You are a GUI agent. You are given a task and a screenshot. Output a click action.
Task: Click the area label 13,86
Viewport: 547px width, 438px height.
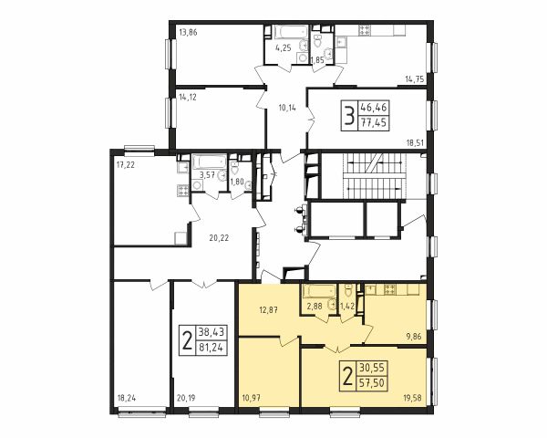click(188, 33)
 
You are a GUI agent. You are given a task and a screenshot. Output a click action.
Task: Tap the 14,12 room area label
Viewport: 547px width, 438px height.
click(188, 98)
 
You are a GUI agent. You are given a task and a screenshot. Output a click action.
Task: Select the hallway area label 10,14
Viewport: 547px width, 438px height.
click(287, 108)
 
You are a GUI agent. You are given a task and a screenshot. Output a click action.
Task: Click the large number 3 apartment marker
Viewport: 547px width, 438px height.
click(349, 116)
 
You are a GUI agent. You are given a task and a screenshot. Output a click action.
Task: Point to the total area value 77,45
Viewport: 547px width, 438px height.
click(375, 123)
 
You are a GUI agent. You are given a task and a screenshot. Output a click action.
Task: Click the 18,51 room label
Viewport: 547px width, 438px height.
click(415, 142)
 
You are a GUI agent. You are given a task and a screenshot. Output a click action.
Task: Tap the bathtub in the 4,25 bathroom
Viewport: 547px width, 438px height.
click(290, 32)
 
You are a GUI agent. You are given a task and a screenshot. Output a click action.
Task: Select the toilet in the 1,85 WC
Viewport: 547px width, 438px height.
click(318, 41)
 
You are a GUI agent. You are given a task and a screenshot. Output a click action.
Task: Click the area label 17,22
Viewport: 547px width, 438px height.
click(126, 165)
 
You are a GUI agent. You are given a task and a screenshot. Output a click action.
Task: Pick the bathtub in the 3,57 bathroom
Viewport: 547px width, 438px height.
click(209, 162)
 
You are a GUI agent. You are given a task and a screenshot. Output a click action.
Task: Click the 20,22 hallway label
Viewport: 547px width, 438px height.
click(219, 238)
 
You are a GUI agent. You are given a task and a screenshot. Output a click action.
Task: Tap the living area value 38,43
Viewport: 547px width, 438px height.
click(212, 332)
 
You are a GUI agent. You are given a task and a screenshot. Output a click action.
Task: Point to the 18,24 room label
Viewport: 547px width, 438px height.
click(127, 398)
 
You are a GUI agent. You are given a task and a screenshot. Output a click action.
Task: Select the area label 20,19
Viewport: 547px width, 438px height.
click(186, 398)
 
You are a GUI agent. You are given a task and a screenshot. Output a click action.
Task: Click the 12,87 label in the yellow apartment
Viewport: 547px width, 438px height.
click(268, 310)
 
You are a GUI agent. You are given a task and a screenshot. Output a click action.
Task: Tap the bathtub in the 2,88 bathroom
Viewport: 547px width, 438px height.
click(319, 291)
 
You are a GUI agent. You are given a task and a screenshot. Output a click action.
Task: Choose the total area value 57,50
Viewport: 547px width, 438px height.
click(372, 383)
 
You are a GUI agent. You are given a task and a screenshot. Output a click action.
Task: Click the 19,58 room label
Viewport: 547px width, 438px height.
click(412, 398)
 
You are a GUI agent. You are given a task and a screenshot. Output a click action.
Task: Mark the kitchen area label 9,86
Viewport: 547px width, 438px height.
click(414, 337)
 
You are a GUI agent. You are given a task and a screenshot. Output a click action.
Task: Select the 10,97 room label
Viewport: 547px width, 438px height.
click(251, 397)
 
